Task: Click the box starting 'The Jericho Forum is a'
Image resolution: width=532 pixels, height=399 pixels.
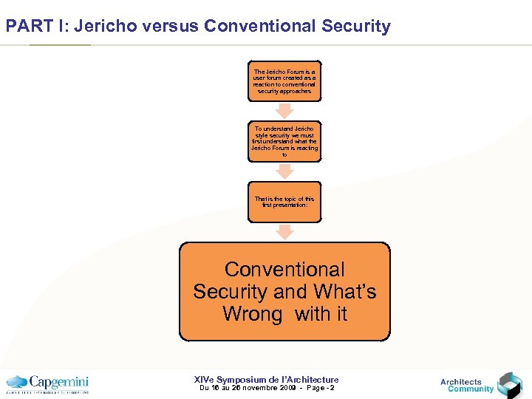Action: tap(284, 81)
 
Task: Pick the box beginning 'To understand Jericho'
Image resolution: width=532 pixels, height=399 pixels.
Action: tap(284, 141)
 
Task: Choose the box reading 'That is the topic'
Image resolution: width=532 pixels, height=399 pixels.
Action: tap(284, 202)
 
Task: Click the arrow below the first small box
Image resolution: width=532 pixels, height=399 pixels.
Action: tap(284, 110)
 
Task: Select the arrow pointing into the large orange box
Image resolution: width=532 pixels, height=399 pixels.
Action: tap(284, 231)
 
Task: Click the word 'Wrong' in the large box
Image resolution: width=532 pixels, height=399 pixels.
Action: tap(252, 314)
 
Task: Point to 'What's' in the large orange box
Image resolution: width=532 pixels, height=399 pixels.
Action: tap(345, 292)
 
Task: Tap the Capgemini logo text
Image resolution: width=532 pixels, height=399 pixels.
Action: tap(59, 382)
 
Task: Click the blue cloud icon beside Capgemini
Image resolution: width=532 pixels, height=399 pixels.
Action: tap(16, 383)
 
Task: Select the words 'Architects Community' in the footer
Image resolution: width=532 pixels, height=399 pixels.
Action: tap(467, 386)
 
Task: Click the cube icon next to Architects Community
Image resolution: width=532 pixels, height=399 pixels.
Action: tap(509, 385)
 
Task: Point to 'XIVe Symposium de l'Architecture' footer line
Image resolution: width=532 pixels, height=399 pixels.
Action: tap(266, 379)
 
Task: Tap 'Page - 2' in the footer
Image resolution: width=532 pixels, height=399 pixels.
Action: tap(317, 388)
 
